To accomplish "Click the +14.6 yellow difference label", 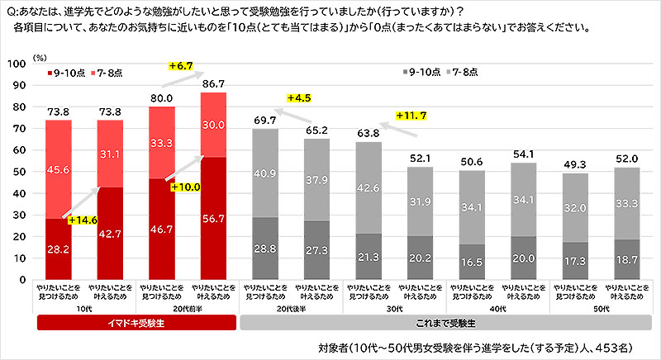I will [83, 220].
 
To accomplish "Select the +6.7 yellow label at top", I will [180, 65].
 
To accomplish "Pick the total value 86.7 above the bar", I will [214, 84].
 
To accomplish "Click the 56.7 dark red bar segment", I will [214, 218].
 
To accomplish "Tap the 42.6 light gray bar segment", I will [369, 187].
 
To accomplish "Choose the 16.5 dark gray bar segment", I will [472, 262].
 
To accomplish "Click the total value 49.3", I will [575, 164].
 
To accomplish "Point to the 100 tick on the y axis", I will [18, 63].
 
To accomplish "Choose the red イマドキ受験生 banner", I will [136, 322].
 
